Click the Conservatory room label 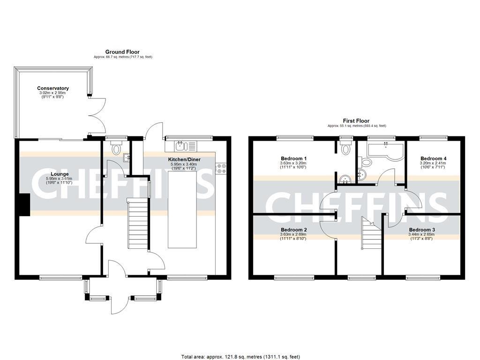coord(53,88)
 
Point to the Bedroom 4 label coord(433,158)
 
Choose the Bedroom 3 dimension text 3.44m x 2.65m coord(421,234)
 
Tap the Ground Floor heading coord(122,52)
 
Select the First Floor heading coord(356,120)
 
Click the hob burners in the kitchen coord(221,169)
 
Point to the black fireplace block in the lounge coord(24,205)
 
